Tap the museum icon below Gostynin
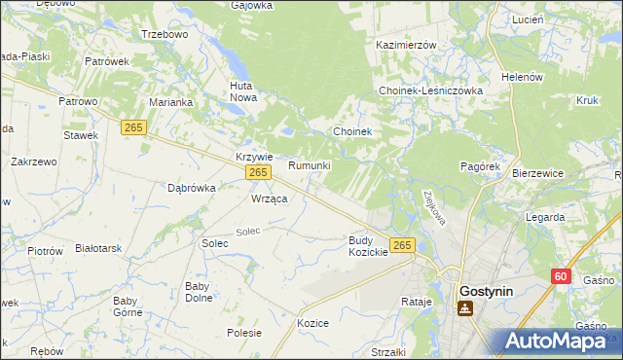pyautogui.click(x=465, y=308)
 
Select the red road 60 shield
pyautogui.click(x=560, y=276)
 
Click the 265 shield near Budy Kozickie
pyautogui.click(x=403, y=244)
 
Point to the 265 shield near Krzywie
pyautogui.click(x=257, y=172)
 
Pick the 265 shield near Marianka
pyautogui.click(x=134, y=126)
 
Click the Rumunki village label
pyautogui.click(x=310, y=165)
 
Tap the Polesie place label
pyautogui.click(x=244, y=332)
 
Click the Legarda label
pyautogui.click(x=544, y=217)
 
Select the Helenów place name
pyautogui.click(x=521, y=77)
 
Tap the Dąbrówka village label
pyautogui.click(x=191, y=188)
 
